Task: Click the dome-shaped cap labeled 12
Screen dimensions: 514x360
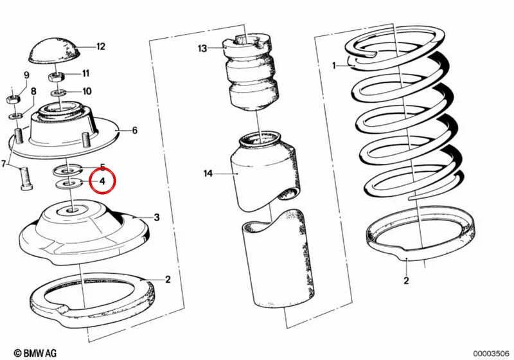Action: [55, 51]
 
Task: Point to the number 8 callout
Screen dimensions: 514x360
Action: [33, 91]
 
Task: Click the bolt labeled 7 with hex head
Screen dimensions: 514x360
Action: [24, 178]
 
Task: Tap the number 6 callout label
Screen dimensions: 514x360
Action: [135, 130]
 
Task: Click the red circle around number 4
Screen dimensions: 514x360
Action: [103, 181]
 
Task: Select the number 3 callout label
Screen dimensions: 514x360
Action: [157, 217]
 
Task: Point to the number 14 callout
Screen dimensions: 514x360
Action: [208, 173]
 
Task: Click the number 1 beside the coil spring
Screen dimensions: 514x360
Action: [334, 66]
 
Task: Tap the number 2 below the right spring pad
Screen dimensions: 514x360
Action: [406, 281]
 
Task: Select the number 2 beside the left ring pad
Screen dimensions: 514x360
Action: [168, 280]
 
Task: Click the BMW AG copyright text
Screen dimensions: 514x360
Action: [35, 353]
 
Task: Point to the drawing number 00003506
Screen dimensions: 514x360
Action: [491, 354]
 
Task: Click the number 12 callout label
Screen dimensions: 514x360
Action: [101, 46]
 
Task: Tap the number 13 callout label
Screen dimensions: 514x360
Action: [202, 48]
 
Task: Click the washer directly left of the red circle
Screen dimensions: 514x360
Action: [69, 183]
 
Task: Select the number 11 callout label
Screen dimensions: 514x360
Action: [85, 73]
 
